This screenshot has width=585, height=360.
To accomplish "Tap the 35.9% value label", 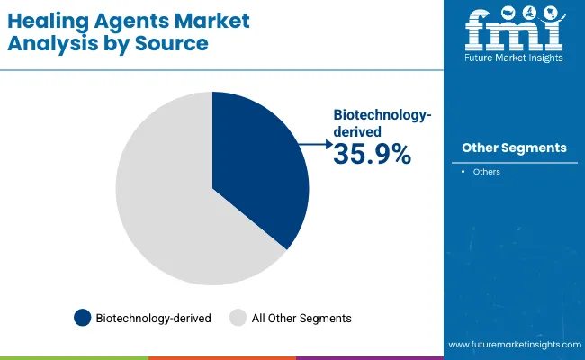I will point(372,155).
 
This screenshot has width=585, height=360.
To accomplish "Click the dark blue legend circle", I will point(83,318).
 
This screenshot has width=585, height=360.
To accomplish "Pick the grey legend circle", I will point(238,318).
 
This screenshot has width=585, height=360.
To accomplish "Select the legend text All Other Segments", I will point(301,318).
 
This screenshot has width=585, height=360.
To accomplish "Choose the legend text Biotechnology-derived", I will point(154,318).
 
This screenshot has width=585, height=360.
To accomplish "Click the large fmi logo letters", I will point(514,31).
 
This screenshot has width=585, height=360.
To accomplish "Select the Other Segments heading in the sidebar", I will point(514,148).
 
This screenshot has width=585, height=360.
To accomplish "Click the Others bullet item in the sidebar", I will point(487,172).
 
